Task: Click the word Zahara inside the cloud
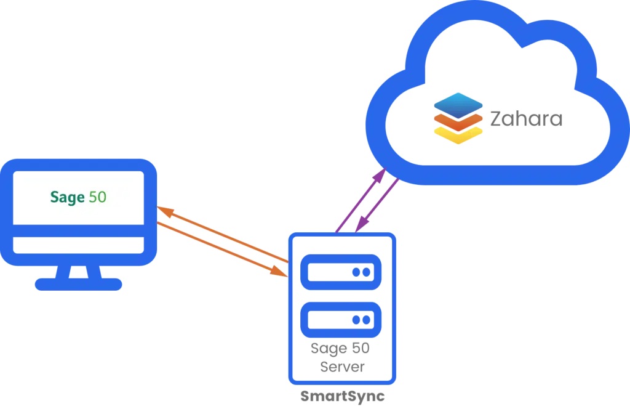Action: (x=526, y=119)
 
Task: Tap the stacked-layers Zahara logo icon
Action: (x=458, y=118)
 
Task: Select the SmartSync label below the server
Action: (x=342, y=396)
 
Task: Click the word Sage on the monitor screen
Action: (x=67, y=197)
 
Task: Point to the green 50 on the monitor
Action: (x=97, y=197)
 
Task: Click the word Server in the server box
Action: (x=342, y=367)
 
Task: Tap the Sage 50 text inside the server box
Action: (x=340, y=349)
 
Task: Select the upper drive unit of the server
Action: (x=341, y=272)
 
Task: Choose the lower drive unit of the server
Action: (x=341, y=320)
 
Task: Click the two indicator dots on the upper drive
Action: (x=361, y=272)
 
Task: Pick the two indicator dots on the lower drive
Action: (x=361, y=320)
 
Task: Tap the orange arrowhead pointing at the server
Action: (x=279, y=271)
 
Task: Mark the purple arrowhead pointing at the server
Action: (x=362, y=224)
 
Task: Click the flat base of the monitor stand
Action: (x=78, y=284)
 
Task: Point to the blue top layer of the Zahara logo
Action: (x=458, y=105)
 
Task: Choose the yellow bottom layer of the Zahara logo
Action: (x=458, y=136)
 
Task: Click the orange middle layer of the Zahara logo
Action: (x=458, y=123)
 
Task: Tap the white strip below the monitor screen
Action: (x=78, y=245)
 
